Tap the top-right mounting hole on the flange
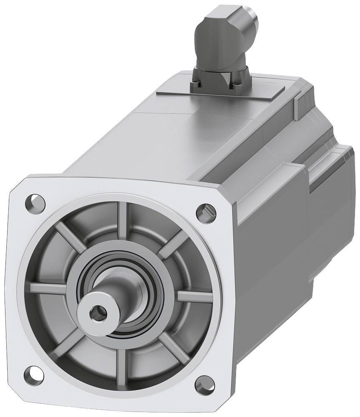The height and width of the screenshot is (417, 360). point(206,211)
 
